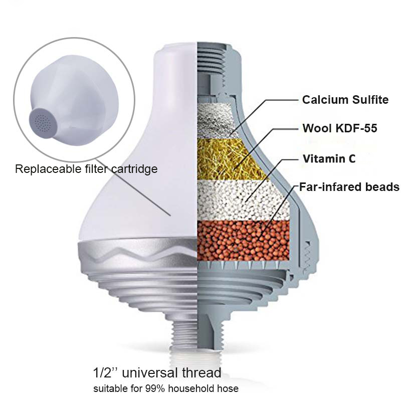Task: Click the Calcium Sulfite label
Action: pyautogui.click(x=345, y=100)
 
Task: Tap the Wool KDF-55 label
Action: pyautogui.click(x=340, y=128)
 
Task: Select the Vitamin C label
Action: pyautogui.click(x=329, y=159)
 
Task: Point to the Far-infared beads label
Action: pyautogui.click(x=349, y=187)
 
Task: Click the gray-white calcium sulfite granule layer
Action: pyautogui.click(x=218, y=120)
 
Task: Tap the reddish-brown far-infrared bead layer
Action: pyautogui.click(x=243, y=241)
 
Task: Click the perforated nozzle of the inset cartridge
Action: pyautogui.click(x=42, y=121)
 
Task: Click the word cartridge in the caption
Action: pyautogui.click(x=134, y=169)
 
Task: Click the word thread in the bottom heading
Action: pyautogui.click(x=202, y=372)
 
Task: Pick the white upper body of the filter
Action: pyautogui.click(x=148, y=153)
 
